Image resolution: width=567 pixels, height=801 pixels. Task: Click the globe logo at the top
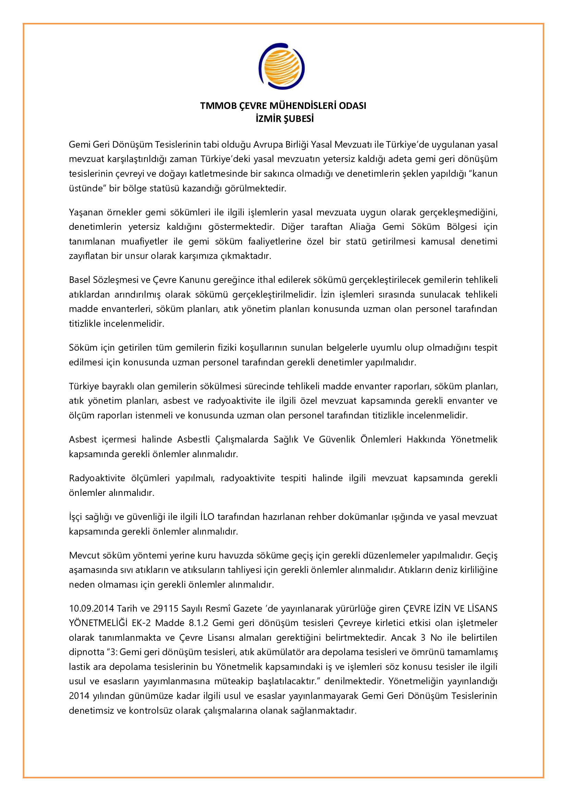[281, 66]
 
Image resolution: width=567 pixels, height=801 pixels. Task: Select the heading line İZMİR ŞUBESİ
[285, 119]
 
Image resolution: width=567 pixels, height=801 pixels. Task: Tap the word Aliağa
[362, 227]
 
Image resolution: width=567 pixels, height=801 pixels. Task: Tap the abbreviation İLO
[207, 517]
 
